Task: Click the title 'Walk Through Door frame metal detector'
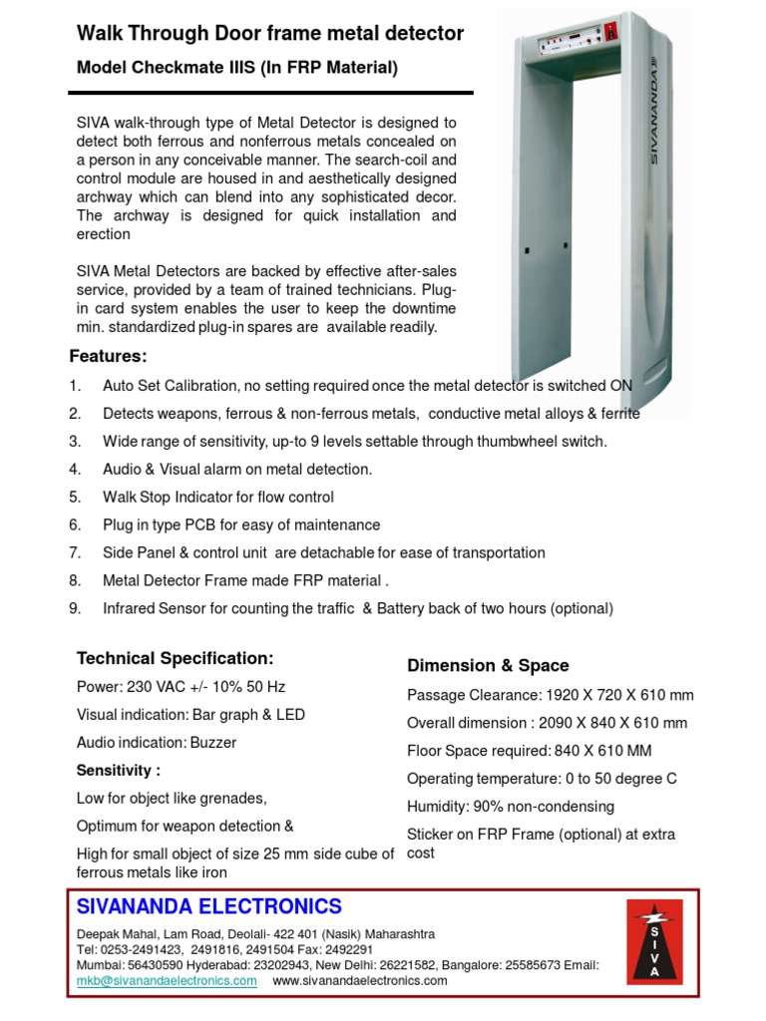click(270, 34)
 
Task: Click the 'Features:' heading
click(108, 356)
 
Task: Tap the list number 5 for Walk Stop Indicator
click(75, 497)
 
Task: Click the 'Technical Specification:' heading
click(175, 658)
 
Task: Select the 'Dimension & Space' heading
click(488, 665)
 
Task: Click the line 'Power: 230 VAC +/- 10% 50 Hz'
click(180, 687)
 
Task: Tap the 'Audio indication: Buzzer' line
click(157, 743)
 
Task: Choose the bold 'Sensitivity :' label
click(119, 771)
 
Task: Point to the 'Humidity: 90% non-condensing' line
click(510, 807)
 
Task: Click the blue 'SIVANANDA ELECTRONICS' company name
click(209, 906)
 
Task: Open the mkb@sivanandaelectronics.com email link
click(167, 980)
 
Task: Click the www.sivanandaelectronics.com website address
click(359, 980)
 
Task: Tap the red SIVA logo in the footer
click(654, 940)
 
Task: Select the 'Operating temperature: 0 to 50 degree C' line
click(542, 779)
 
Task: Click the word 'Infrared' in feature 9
click(130, 608)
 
